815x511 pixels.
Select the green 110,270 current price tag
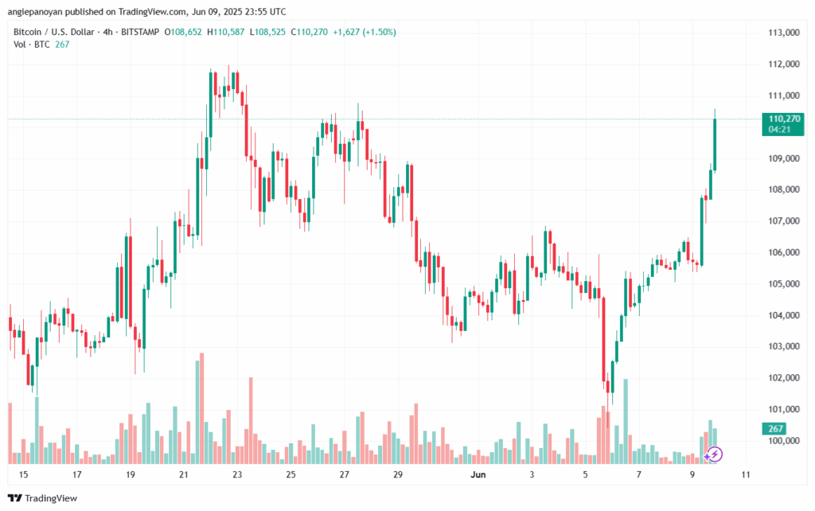pos(783,119)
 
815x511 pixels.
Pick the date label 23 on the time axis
pos(237,475)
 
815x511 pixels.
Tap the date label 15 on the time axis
pos(23,475)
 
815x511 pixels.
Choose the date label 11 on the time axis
pos(745,475)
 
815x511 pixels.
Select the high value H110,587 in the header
pos(227,32)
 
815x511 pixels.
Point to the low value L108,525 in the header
pos(268,32)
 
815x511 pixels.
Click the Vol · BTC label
pos(32,45)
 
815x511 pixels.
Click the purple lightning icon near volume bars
pos(715,454)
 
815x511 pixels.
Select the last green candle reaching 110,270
pos(715,143)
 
